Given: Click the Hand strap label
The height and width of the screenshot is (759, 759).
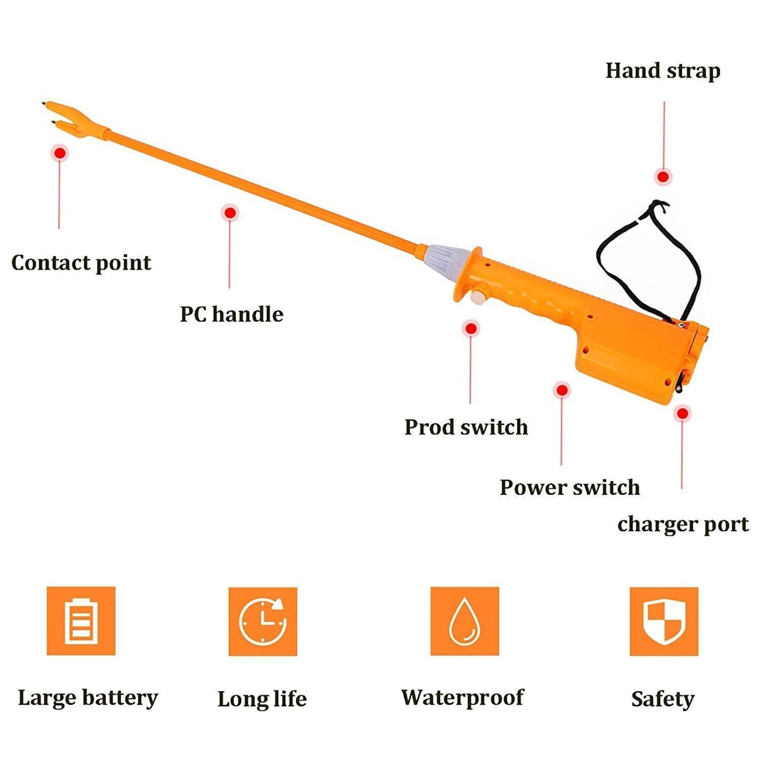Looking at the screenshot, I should click(x=663, y=71).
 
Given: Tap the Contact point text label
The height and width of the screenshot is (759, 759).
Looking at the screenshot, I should click(x=81, y=263).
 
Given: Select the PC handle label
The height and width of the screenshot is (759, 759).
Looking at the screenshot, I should click(x=231, y=314).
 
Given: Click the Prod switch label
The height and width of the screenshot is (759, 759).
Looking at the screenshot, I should click(x=466, y=427).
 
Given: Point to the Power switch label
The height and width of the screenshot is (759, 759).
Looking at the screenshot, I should click(x=570, y=488).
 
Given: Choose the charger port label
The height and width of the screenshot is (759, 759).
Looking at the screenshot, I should click(x=683, y=524).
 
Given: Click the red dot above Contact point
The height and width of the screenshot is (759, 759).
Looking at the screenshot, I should click(x=60, y=153).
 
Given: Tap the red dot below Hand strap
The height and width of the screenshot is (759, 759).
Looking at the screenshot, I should click(x=663, y=177).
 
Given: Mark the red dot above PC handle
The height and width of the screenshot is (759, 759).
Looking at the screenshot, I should click(x=230, y=213).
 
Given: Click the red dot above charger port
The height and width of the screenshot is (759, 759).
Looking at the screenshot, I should click(x=682, y=414).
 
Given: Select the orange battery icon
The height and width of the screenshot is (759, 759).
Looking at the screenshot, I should click(x=81, y=621).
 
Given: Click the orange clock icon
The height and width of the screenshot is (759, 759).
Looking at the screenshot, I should click(x=263, y=621).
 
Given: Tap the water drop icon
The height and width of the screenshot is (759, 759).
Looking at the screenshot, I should click(x=464, y=621).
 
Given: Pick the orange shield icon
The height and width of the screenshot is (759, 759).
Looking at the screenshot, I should click(x=664, y=621).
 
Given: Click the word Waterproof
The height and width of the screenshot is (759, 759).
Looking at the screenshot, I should click(x=463, y=698).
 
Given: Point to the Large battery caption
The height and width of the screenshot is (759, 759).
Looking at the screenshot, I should click(x=88, y=698).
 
